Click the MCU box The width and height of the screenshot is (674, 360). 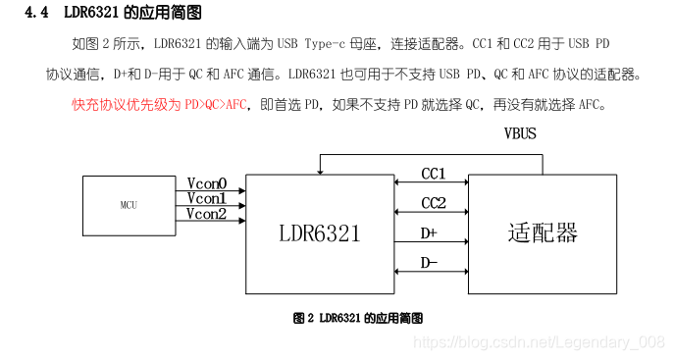(128, 206)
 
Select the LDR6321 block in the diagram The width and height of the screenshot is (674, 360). (320, 232)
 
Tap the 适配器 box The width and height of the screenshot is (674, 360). (543, 232)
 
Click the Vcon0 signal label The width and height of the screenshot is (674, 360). (207, 183)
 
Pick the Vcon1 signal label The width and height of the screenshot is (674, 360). (207, 198)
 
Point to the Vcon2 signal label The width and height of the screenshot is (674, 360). (207, 213)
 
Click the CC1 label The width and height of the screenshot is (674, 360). (434, 174)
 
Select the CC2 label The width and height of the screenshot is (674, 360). (434, 203)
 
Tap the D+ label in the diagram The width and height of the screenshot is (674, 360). (429, 233)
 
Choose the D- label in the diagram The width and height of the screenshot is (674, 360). (429, 263)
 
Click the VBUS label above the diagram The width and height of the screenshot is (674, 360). (520, 133)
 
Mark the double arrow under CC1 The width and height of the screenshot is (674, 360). (431, 183)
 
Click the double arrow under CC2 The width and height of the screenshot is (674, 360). (431, 213)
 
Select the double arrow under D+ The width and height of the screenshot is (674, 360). (431, 242)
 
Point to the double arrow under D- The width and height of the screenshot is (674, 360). (431, 272)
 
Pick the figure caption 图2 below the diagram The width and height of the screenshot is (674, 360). (302, 318)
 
